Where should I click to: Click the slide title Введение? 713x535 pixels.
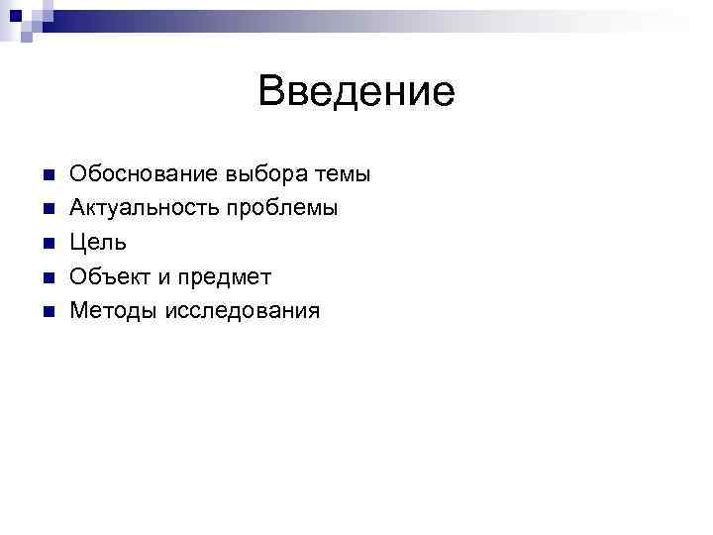[x=356, y=92]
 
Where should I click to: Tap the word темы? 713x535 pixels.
[x=342, y=174]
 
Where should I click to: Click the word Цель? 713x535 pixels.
[x=98, y=243]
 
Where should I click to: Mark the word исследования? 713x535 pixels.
[x=243, y=311]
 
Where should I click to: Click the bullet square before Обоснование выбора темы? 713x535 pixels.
[x=47, y=175]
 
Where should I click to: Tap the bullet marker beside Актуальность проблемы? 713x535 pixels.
[x=47, y=209]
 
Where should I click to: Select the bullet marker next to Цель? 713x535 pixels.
[x=47, y=244]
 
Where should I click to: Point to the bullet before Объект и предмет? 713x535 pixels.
[x=47, y=277]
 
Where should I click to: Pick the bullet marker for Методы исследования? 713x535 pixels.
[x=47, y=312]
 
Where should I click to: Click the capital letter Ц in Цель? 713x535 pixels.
[x=77, y=243]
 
